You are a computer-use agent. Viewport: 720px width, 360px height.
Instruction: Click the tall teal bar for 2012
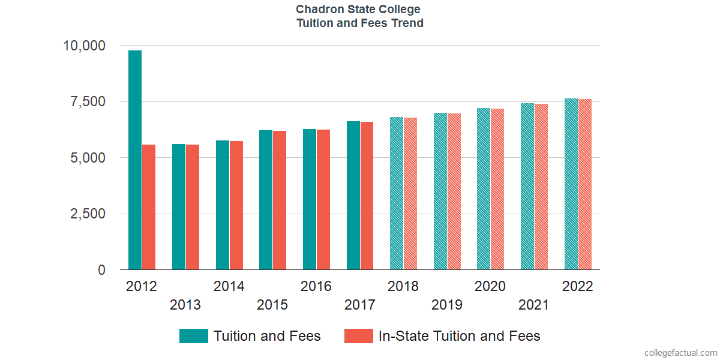(x=134, y=160)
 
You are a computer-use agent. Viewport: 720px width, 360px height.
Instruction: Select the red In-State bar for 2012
(x=149, y=207)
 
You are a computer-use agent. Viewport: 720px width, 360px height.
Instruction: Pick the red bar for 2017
(x=367, y=196)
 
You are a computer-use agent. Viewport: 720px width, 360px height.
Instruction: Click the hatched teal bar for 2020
(x=484, y=189)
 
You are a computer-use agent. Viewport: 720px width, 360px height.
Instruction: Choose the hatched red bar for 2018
(x=410, y=193)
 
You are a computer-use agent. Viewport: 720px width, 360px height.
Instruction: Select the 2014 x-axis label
(x=229, y=286)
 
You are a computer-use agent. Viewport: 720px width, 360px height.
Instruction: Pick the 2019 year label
(x=447, y=305)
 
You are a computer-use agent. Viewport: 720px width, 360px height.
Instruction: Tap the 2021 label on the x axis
(x=534, y=305)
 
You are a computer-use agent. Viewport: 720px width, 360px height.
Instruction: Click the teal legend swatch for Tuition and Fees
(x=193, y=336)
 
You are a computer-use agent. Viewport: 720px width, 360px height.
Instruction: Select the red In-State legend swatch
(x=358, y=336)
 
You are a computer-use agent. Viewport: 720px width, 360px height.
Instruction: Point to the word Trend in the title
(x=408, y=23)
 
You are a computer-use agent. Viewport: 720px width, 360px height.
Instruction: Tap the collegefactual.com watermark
(x=680, y=353)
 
